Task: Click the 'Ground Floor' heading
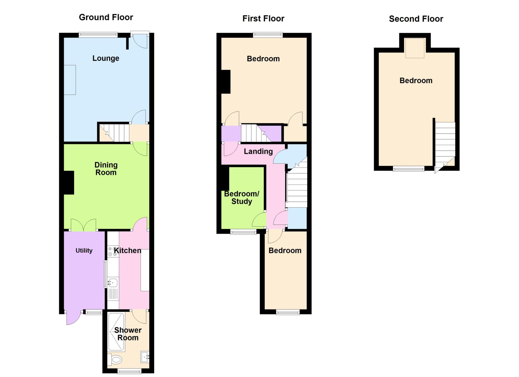(106, 17)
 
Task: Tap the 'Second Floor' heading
(416, 19)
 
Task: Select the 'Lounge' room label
(106, 58)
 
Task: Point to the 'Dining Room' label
(106, 169)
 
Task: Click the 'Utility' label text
(84, 250)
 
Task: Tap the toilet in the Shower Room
(115, 359)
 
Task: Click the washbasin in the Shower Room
(145, 357)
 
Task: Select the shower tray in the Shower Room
(116, 331)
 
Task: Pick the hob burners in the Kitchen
(113, 251)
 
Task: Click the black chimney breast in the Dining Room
(69, 183)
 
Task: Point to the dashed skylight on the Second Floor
(415, 48)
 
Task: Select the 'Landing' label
(258, 151)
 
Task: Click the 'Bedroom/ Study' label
(242, 197)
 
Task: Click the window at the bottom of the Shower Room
(129, 371)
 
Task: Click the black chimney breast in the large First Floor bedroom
(226, 82)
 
